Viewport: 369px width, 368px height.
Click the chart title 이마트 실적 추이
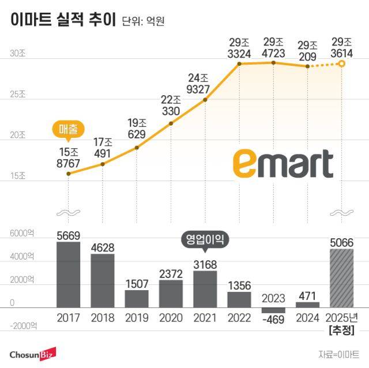coord(63,20)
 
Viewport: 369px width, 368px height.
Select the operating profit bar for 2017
coord(68,275)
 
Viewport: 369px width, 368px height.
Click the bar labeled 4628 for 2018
coord(102,280)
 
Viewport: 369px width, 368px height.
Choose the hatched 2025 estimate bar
coord(341,278)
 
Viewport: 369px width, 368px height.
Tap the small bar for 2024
coord(307,305)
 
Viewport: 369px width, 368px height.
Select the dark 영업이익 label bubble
coord(205,238)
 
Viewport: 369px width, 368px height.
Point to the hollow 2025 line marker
coord(341,63)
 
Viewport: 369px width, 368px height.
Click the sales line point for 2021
coord(205,100)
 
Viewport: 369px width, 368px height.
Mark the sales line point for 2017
coord(68,173)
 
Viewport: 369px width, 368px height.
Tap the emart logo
coord(283,164)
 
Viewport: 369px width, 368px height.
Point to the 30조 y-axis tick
coord(17,54)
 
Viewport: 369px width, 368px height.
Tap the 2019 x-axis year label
coord(136,318)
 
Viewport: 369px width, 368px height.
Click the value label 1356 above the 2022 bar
coord(239,285)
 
